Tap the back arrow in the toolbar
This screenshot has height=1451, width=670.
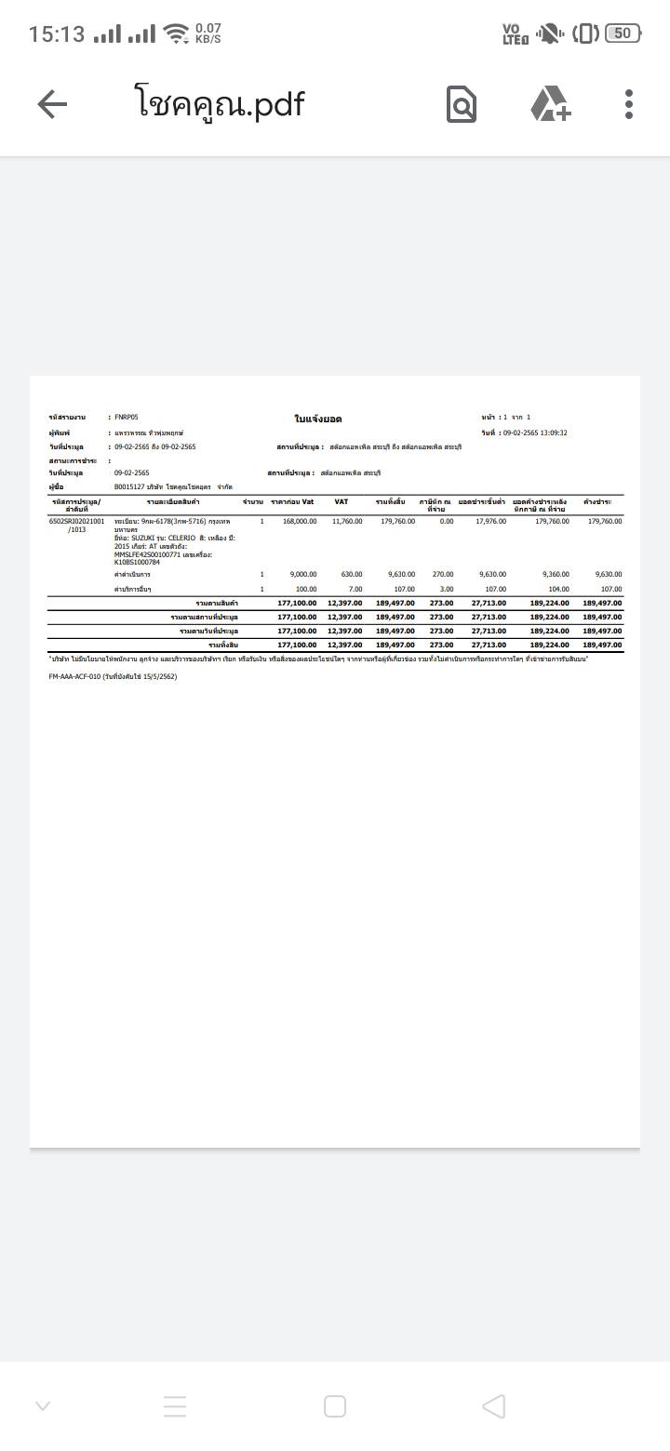[52, 104]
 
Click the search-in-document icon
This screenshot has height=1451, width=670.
[462, 104]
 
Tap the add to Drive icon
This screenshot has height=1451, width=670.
[550, 104]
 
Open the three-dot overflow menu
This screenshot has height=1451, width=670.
[629, 104]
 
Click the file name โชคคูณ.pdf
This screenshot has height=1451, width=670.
[220, 103]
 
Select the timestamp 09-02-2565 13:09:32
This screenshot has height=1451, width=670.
[535, 433]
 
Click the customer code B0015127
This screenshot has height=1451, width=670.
[129, 486]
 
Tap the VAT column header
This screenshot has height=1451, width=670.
[341, 502]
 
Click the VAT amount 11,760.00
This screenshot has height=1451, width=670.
[347, 522]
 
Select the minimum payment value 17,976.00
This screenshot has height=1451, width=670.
[490, 522]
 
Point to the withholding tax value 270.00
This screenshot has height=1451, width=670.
[443, 575]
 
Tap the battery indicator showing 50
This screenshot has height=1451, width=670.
[623, 33]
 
